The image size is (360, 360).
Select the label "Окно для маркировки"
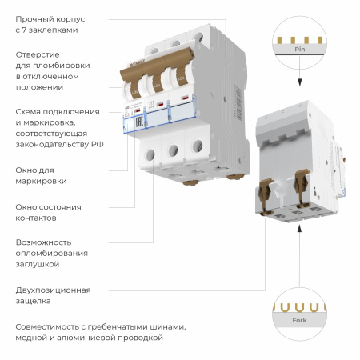[41, 175]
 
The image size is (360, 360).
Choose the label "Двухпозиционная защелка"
[53, 295]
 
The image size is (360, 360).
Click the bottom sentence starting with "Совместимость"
[100, 332]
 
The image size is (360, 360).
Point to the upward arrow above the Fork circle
[298, 231]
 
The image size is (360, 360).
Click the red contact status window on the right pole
[186, 100]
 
